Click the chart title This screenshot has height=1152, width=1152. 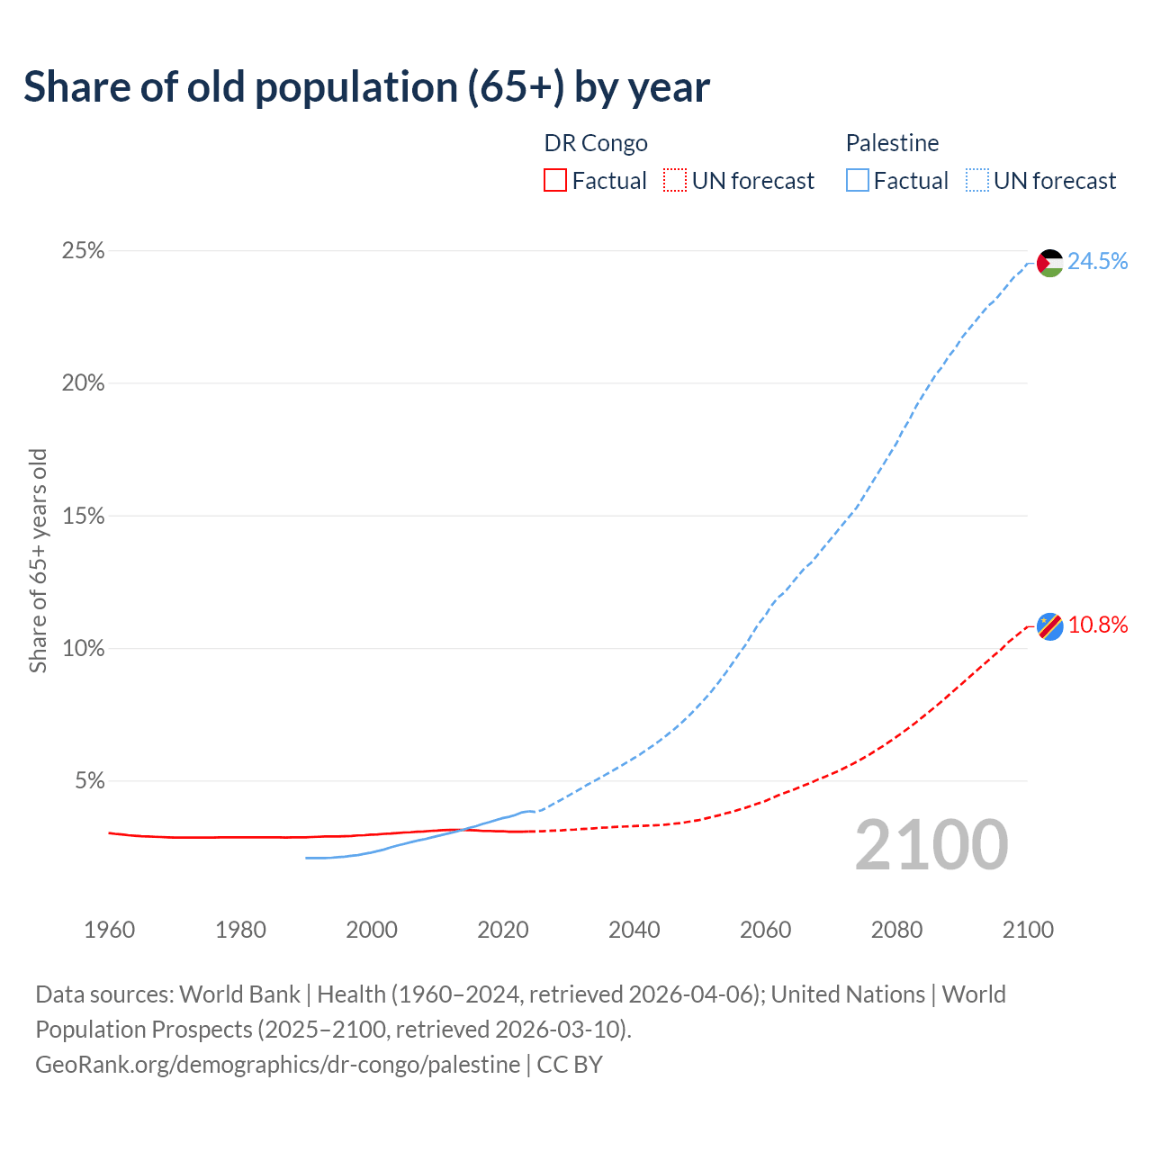(366, 87)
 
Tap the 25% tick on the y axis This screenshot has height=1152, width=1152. (83, 251)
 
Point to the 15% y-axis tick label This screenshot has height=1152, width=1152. (83, 517)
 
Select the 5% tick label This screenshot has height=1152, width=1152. (89, 781)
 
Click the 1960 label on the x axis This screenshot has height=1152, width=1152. (109, 930)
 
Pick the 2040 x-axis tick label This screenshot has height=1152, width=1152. (634, 930)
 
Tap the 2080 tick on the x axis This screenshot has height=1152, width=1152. (896, 930)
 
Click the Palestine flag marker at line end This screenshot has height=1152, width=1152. (1049, 263)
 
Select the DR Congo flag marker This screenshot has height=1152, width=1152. (1049, 625)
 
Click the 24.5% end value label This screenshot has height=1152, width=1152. (1097, 261)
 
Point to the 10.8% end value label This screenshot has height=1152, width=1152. (1097, 625)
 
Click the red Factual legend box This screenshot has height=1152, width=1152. (555, 181)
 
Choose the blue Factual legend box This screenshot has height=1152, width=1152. (857, 181)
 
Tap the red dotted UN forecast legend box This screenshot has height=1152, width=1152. (675, 181)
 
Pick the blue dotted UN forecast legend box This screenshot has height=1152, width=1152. (976, 181)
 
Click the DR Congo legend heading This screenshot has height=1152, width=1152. (596, 143)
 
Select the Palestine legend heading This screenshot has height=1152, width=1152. (892, 143)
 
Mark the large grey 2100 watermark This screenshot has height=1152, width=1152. (931, 844)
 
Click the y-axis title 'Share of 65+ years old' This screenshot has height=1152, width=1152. (38, 561)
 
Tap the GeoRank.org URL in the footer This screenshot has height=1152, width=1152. (277, 1064)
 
